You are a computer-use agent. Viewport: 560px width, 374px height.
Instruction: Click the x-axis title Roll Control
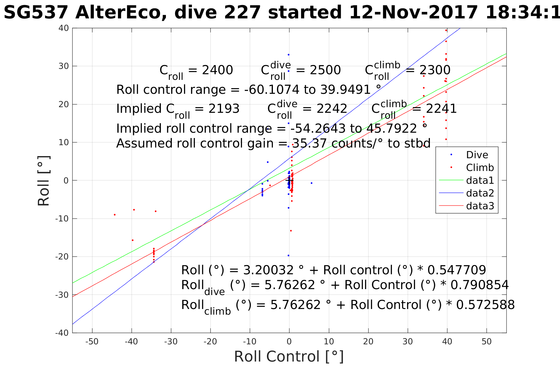pos(289,356)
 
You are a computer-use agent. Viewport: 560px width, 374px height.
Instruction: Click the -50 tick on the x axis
pos(92,342)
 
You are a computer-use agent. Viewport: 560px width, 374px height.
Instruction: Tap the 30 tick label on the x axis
pos(408,342)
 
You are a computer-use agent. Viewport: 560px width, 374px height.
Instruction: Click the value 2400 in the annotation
pos(217,70)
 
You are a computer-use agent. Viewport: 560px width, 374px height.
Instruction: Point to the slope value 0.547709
pos(456,270)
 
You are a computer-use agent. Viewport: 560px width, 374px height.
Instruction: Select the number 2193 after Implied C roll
pos(224,109)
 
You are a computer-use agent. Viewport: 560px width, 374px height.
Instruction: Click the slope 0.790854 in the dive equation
pos(479,285)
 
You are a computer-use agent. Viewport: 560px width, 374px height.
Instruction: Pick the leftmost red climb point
pos(115,215)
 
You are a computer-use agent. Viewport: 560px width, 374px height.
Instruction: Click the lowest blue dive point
pos(288,256)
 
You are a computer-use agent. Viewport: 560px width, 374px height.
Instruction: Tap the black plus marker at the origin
pos(289,180)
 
